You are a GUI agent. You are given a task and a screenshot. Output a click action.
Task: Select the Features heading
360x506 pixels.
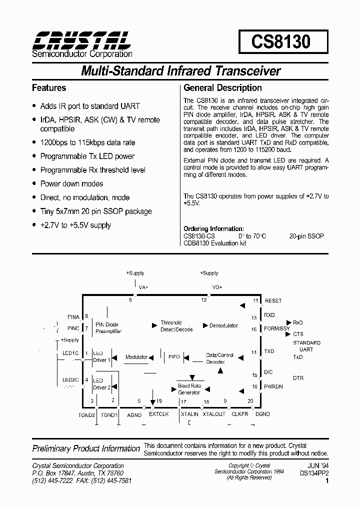pos(49,88)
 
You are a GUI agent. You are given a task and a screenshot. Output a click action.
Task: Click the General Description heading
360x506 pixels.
pos(222,88)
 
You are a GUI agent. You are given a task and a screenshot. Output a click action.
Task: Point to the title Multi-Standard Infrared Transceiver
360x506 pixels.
pos(180,71)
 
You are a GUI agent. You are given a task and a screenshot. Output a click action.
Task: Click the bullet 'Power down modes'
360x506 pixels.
pos(71,183)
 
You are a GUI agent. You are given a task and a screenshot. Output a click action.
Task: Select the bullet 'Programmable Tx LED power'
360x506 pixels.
pos(87,156)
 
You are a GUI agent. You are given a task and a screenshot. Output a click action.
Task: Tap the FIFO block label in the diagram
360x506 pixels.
pos(174,357)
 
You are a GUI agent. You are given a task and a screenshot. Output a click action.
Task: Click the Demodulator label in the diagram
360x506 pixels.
pos(223,325)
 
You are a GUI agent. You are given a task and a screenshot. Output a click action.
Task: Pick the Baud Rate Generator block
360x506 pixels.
pos(189,389)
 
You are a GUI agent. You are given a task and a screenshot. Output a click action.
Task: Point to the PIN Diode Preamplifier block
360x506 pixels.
pos(108,327)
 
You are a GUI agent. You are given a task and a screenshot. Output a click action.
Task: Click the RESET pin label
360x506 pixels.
pos(273,300)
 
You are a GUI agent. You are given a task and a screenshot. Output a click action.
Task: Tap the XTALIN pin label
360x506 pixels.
pos(189,414)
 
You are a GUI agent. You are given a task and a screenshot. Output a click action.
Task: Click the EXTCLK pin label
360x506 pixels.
pos(159,414)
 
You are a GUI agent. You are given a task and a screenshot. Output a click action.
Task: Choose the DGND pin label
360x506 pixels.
pos(262,414)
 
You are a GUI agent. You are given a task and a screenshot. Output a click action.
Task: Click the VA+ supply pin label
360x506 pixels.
pos(144,287)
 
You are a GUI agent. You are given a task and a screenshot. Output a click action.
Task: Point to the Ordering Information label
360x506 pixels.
pos(213,228)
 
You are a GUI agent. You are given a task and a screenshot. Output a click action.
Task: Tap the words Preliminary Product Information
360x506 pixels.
pos(86,448)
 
